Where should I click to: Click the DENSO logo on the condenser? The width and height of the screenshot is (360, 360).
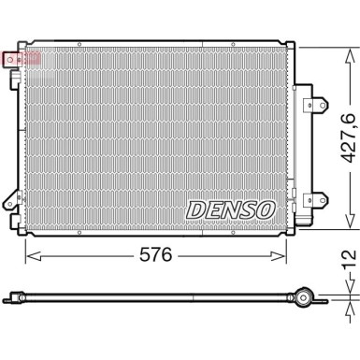click(232, 210)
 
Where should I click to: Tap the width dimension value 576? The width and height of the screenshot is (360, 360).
click(158, 253)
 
